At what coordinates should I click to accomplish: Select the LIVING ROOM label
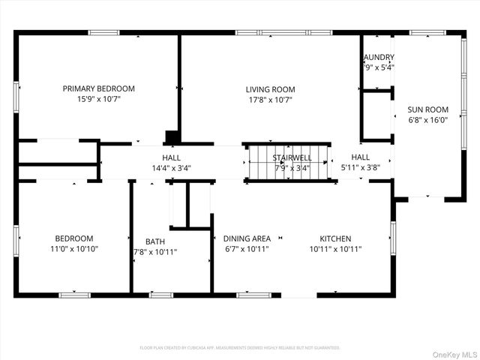pyautogui.click(x=270, y=89)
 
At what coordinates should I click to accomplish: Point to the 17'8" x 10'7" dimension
pyautogui.click(x=270, y=99)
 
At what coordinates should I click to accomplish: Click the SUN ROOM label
pyautogui.click(x=427, y=109)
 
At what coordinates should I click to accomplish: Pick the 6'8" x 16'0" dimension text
pyautogui.click(x=427, y=119)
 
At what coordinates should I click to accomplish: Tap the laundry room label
pyautogui.click(x=378, y=57)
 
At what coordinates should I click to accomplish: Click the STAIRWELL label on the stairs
pyautogui.click(x=292, y=157)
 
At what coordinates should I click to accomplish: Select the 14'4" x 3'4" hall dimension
pyautogui.click(x=171, y=168)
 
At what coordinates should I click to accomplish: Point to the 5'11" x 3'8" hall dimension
pyautogui.click(x=360, y=168)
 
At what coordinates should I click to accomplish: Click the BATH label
pyautogui.click(x=155, y=241)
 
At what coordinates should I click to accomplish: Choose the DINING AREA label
pyautogui.click(x=247, y=238)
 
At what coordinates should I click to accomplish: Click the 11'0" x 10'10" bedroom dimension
pyautogui.click(x=73, y=249)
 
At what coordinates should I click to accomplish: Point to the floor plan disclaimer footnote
pyautogui.click(x=240, y=348)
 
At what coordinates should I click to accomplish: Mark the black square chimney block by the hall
pyautogui.click(x=172, y=138)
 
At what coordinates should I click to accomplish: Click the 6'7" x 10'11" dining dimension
pyautogui.click(x=247, y=249)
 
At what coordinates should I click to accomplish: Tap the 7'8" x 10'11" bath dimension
pyautogui.click(x=155, y=252)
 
